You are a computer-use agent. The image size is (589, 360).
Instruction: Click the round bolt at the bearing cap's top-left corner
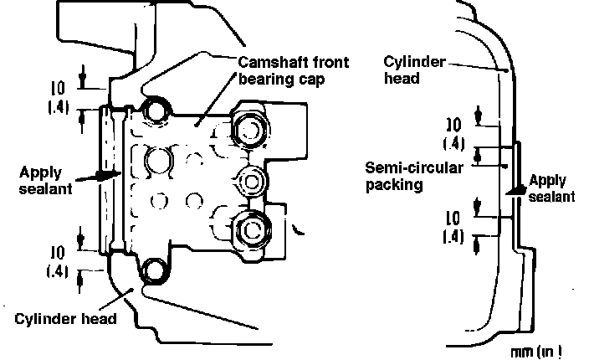[154, 109]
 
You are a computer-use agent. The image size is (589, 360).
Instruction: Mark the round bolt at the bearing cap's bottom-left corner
[156, 270]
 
